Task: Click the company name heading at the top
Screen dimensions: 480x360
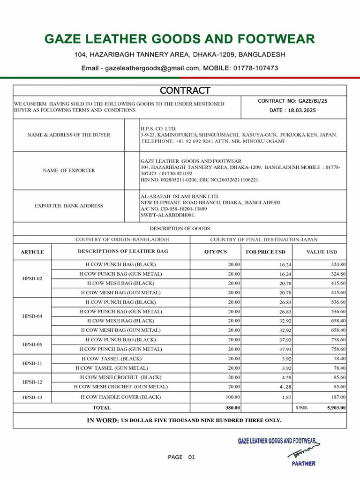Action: [x=180, y=38]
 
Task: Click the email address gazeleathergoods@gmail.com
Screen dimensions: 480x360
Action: [x=153, y=68]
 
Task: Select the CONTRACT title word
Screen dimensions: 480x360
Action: [x=185, y=90]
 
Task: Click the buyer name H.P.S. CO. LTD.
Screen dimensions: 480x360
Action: [x=158, y=128]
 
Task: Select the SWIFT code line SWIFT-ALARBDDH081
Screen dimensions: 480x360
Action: [x=168, y=215]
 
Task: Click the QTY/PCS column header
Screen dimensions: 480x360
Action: [x=216, y=252]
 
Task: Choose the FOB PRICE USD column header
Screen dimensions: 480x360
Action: [x=266, y=252]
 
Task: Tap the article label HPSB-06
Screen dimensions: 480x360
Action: [x=32, y=344]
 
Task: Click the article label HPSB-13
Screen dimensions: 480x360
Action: [x=32, y=397]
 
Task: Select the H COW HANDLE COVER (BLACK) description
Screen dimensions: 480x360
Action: [x=120, y=397]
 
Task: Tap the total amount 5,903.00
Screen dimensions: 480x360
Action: [x=336, y=408]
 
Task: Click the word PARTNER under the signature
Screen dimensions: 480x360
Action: [x=303, y=464]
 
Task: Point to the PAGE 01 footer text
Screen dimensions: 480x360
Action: [x=181, y=457]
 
